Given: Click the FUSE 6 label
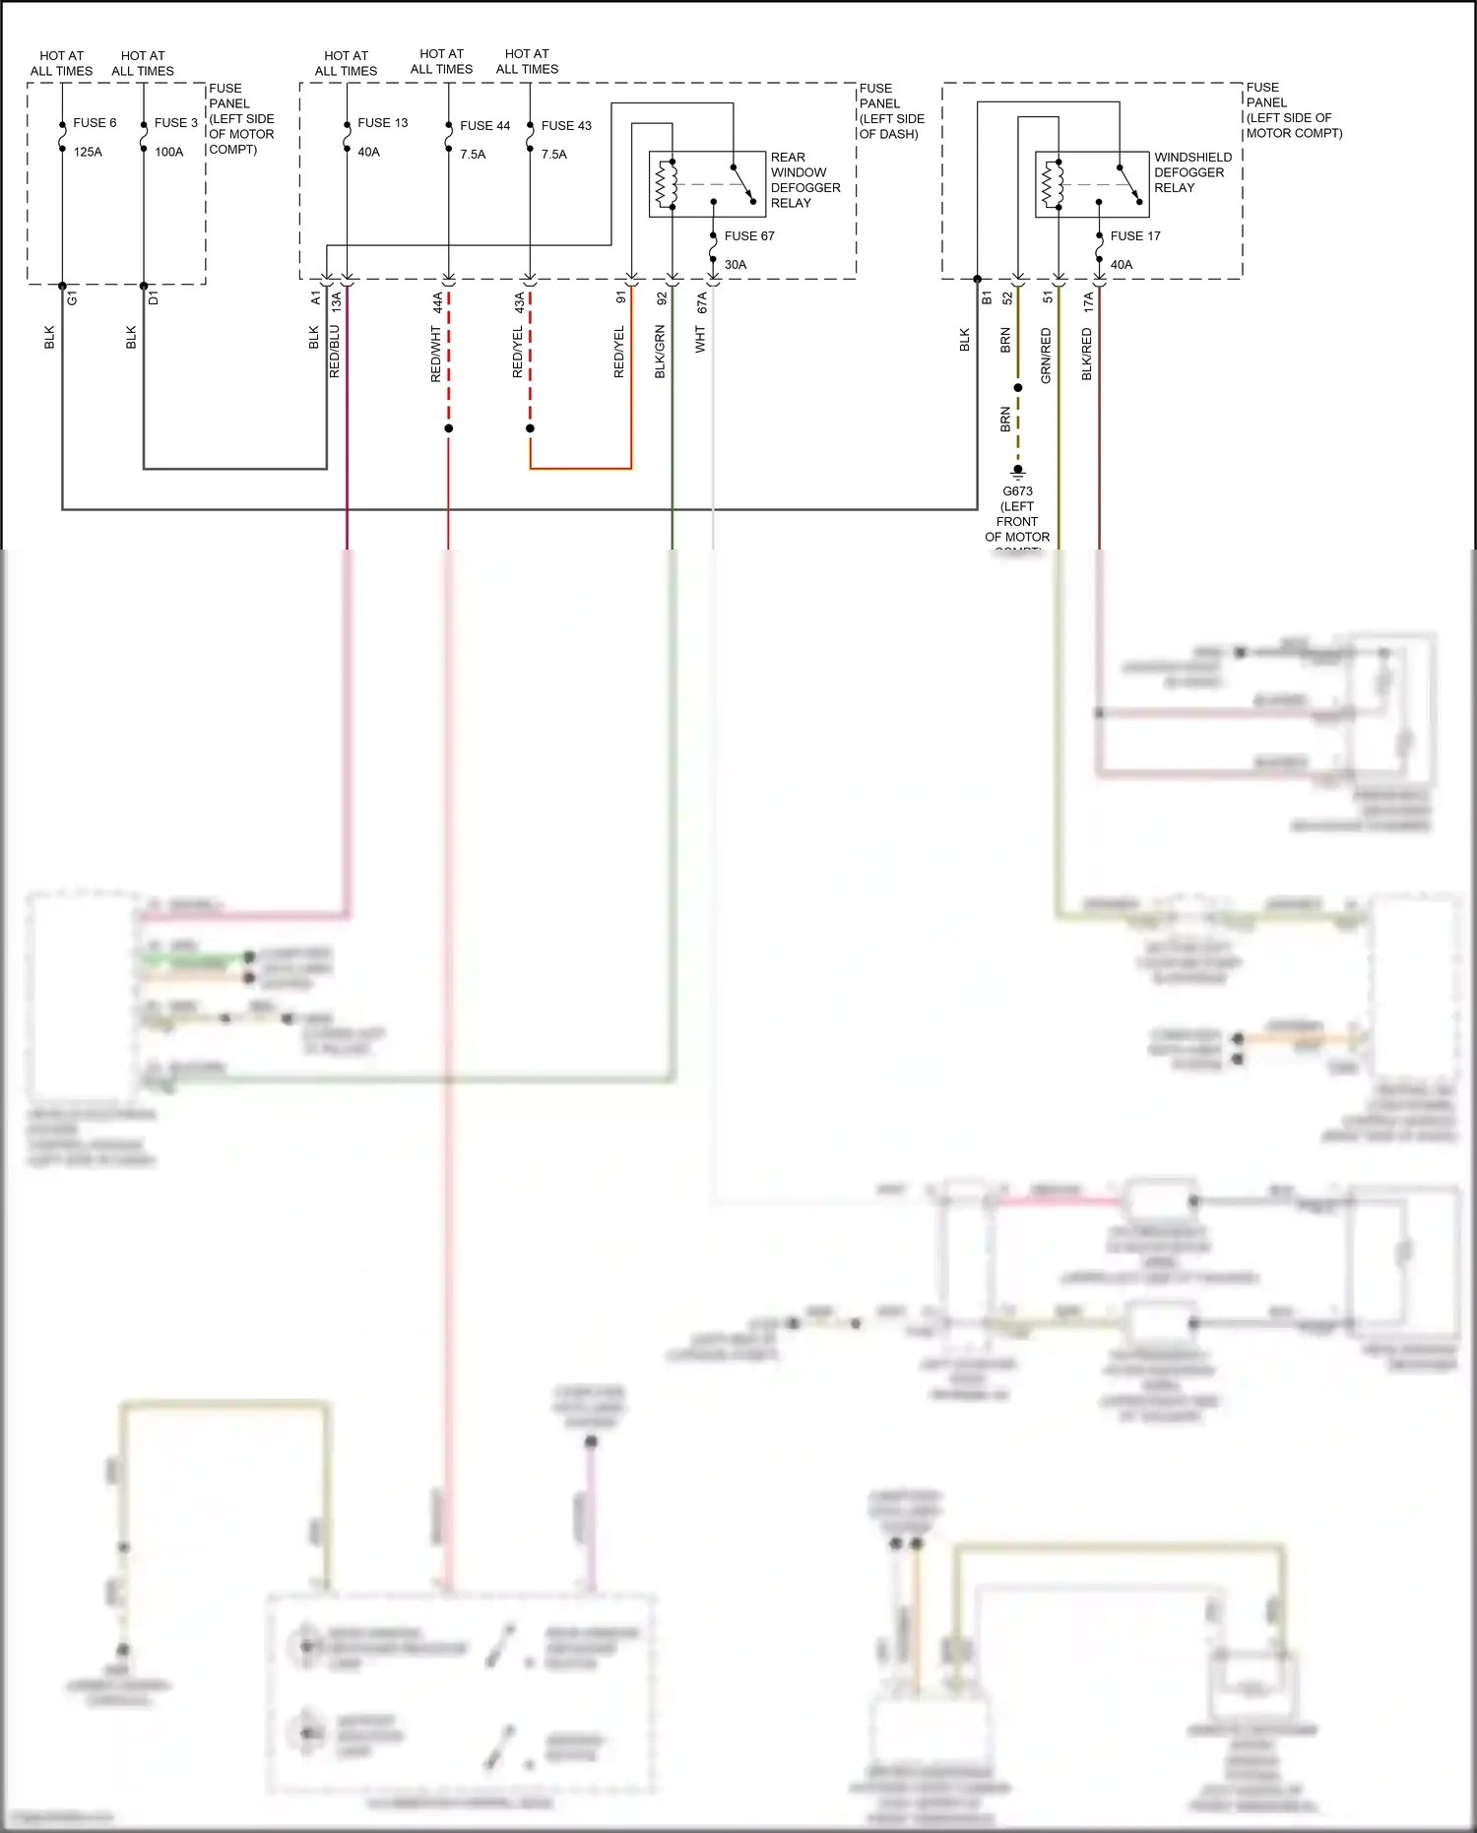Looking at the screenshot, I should pos(95,123).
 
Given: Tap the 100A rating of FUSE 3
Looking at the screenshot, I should pos(168,153).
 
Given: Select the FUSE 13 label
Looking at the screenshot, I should pos(382,123).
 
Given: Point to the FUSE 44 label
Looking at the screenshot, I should pos(484,126).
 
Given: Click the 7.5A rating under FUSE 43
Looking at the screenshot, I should pos(553,155).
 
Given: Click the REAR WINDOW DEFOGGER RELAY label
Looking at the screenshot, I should pos(804,180).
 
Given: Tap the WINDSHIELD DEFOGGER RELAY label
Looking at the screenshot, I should pos(1191,172).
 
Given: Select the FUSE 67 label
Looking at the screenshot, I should pos(748,236).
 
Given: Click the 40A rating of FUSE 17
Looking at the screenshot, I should pos(1121,265).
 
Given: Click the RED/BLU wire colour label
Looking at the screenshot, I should pos(335,352).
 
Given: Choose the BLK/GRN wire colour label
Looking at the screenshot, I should pos(661,352).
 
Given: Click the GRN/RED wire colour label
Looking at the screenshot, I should pos(1046,356).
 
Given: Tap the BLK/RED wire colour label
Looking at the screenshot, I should pos(1087,355).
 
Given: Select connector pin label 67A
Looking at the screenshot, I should pos(702,302).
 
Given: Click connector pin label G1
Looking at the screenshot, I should pos(73,297).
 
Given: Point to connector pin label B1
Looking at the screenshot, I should pos(987,297).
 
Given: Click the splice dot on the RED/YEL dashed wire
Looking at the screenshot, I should pos(530,428).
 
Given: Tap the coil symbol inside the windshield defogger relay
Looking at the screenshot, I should pos(1053,184).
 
